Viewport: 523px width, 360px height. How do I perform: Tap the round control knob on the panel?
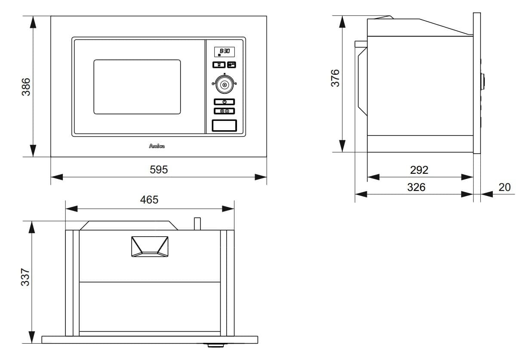click(x=225, y=84)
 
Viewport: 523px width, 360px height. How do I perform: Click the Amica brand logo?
click(x=157, y=146)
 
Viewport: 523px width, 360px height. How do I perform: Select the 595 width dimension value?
click(x=159, y=170)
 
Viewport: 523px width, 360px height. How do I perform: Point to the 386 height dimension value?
click(x=27, y=86)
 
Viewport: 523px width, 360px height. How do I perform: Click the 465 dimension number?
click(x=149, y=200)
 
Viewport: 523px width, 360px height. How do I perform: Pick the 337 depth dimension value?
click(x=26, y=277)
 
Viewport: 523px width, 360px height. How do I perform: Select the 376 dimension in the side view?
click(x=335, y=78)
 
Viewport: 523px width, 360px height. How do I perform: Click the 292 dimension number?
click(x=419, y=170)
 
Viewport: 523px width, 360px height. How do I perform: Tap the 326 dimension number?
click(x=416, y=187)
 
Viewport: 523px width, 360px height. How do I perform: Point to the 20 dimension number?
click(x=505, y=187)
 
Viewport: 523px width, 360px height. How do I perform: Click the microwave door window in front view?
click(x=137, y=87)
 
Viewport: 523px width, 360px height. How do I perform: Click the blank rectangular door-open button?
click(x=224, y=126)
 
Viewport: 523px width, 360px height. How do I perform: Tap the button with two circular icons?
click(x=225, y=111)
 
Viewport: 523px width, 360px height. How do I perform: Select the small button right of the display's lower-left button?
click(x=232, y=65)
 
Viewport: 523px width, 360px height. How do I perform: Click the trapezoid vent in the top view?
click(x=150, y=246)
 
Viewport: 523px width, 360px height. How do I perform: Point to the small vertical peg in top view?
click(x=197, y=224)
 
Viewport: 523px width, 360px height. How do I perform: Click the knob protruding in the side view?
click(x=483, y=81)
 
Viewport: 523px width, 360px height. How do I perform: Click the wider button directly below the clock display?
click(x=219, y=65)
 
